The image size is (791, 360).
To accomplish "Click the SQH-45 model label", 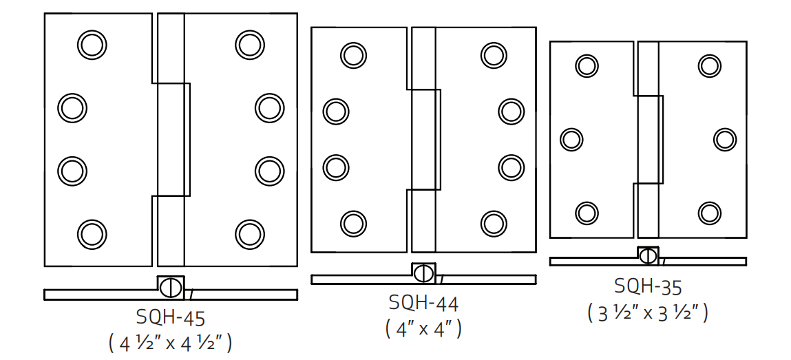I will pyautogui.click(x=171, y=317).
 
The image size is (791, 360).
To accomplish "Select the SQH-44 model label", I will pyautogui.click(x=423, y=303).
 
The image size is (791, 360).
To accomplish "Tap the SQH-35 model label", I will pyautogui.click(x=648, y=286).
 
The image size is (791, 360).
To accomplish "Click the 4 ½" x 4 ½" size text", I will pyautogui.click(x=170, y=342).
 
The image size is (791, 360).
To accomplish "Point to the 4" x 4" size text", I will pyautogui.click(x=423, y=328).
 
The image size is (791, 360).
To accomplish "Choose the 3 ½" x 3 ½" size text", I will pyautogui.click(x=648, y=312).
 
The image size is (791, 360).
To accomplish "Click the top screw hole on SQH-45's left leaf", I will pyautogui.click(x=92, y=45).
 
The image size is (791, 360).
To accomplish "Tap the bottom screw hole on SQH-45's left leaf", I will pyautogui.click(x=92, y=233).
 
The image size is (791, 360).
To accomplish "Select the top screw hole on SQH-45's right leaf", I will pyautogui.click(x=249, y=45).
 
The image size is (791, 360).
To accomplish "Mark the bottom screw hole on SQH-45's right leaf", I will pyautogui.click(x=249, y=233).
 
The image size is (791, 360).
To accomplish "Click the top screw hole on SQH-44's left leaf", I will pyautogui.click(x=353, y=55).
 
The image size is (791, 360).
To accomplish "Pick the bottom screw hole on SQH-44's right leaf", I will pyautogui.click(x=494, y=223).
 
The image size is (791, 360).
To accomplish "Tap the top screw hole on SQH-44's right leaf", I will pyautogui.click(x=494, y=55).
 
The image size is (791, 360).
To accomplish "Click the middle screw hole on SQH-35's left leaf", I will pyautogui.click(x=571, y=139).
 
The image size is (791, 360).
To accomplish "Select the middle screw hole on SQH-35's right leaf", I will pyautogui.click(x=725, y=139).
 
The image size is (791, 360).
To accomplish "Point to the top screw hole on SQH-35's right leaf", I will pyautogui.click(x=710, y=65).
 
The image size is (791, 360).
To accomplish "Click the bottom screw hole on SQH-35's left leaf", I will pyautogui.click(x=587, y=213).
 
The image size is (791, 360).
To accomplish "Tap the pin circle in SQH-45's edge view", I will pyautogui.click(x=171, y=286).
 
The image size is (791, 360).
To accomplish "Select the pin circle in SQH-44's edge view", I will pyautogui.click(x=423, y=273).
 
